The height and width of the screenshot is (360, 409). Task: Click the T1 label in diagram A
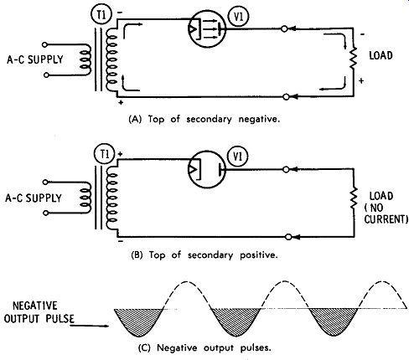tap(101, 15)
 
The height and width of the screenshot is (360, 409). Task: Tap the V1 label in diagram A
tap(238, 17)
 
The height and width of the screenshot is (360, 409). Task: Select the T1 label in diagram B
tap(104, 154)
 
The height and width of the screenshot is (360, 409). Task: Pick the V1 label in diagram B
tap(238, 157)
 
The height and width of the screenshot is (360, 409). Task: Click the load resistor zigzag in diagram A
tap(354, 58)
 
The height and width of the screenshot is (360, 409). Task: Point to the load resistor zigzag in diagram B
tap(354, 198)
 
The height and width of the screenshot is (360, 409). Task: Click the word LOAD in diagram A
tap(381, 55)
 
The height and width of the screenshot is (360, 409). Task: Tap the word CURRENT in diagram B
tap(386, 219)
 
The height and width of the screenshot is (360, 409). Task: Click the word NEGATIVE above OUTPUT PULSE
tap(35, 306)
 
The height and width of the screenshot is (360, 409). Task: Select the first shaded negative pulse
tap(138, 321)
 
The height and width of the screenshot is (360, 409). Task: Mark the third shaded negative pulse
tap(334, 321)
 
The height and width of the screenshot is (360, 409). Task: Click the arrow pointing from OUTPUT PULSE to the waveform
tap(89, 326)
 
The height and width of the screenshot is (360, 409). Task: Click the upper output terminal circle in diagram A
tap(284, 28)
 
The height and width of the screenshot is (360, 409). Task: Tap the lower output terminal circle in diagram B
tap(289, 237)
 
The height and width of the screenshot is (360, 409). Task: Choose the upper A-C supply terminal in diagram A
tap(44, 44)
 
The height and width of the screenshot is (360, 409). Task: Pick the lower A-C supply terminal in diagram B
tap(45, 213)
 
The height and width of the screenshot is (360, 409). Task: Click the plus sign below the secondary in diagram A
tap(121, 103)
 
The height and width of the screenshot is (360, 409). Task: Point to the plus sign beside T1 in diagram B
tap(120, 154)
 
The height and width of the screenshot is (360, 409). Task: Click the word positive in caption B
tap(259, 255)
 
